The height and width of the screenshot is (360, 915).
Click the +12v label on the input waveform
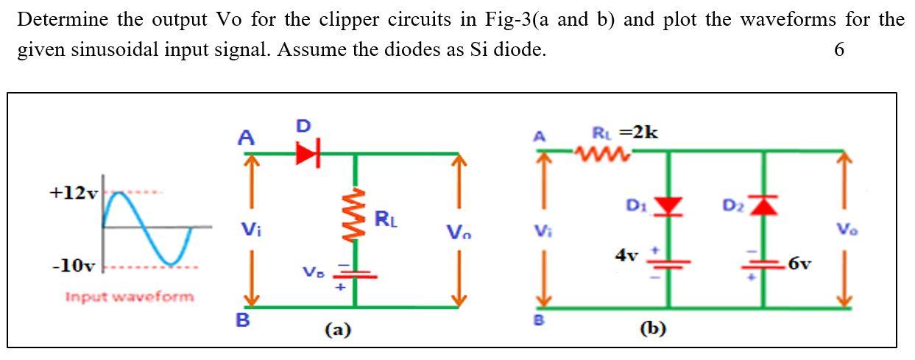click(73, 194)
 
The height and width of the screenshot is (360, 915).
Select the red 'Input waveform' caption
click(130, 297)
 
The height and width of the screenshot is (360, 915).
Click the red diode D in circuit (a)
click(308, 154)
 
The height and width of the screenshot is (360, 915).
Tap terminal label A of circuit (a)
click(246, 137)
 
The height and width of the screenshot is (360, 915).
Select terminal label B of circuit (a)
click(242, 321)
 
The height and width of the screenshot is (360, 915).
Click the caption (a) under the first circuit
click(337, 330)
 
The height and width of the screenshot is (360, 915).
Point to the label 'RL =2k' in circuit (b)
click(625, 133)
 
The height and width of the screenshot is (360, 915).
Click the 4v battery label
click(626, 255)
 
